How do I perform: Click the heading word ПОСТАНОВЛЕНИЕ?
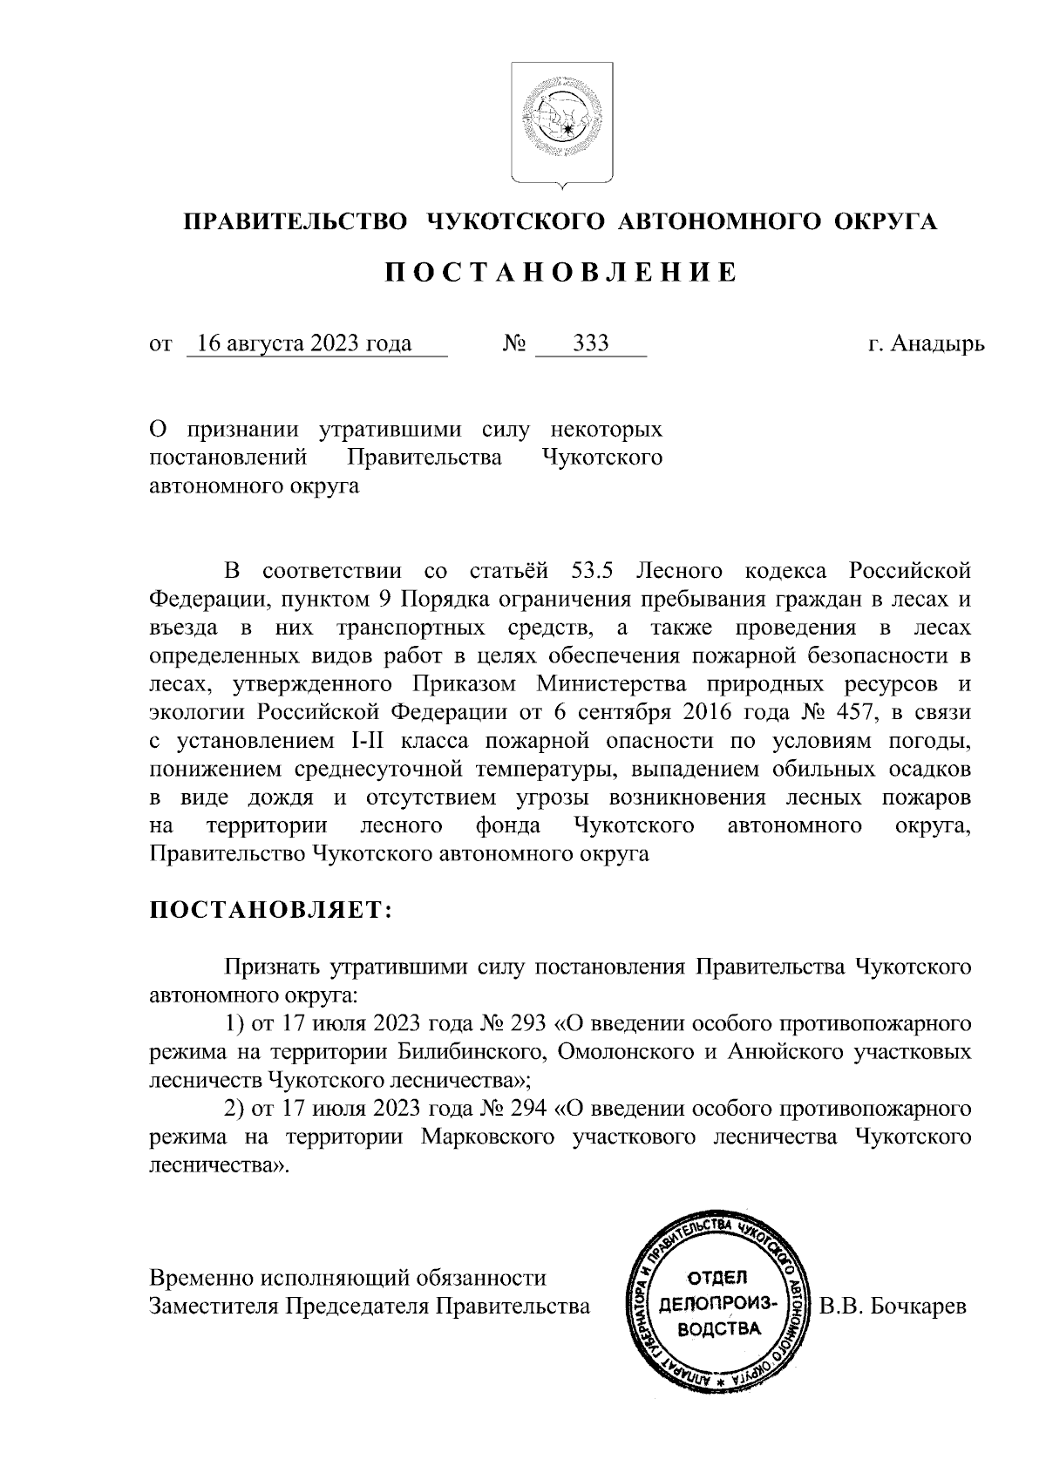click(561, 273)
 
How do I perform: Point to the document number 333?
click(592, 343)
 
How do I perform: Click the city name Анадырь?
click(939, 343)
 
